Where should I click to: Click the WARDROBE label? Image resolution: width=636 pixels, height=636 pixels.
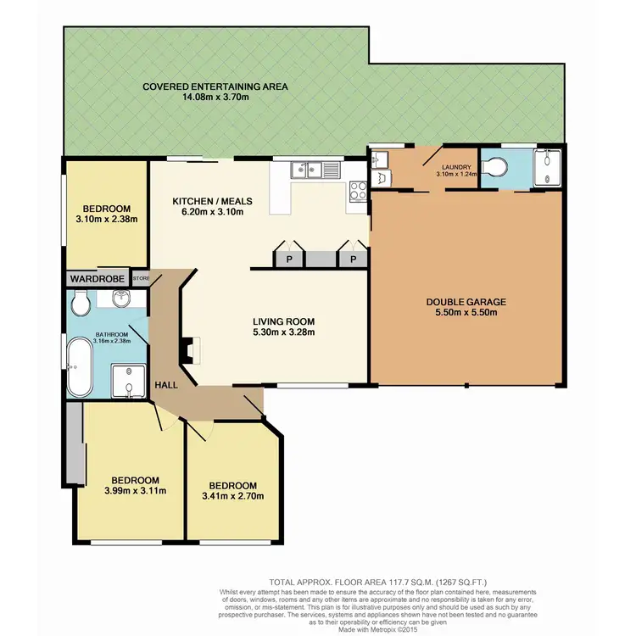(x=98, y=278)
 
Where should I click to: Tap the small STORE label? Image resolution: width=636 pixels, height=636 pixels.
(x=140, y=278)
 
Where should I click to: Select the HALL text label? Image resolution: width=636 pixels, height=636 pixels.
(x=166, y=386)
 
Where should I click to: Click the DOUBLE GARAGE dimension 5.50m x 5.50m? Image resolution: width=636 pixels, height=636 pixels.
(x=466, y=313)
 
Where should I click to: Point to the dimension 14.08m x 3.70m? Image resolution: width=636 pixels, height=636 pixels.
(x=215, y=98)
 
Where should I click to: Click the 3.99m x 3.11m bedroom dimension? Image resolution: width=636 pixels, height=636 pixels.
(x=130, y=490)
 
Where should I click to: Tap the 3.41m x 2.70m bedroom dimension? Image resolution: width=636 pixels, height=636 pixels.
(x=233, y=497)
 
